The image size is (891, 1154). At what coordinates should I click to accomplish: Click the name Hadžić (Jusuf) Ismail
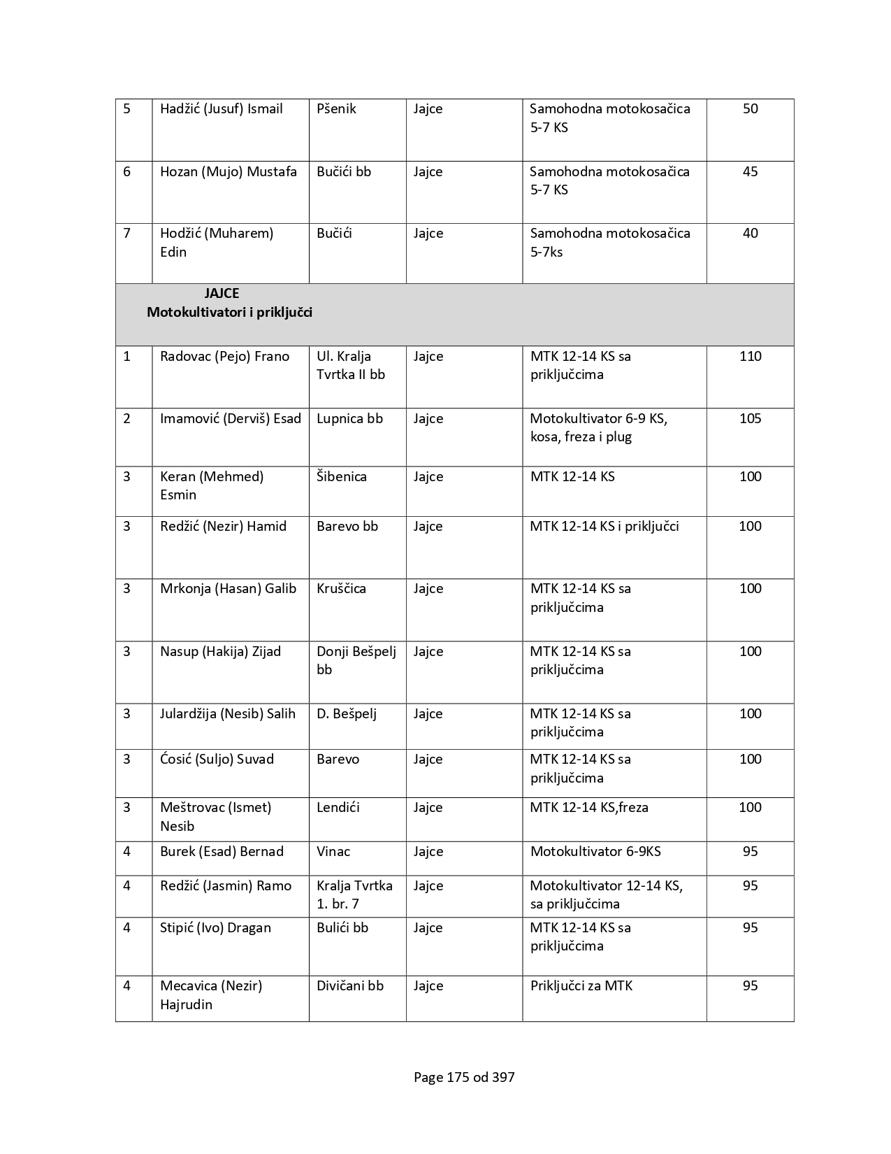221,109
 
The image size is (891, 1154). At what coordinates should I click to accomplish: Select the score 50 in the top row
750,109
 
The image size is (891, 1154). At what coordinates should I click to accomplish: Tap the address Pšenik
336,109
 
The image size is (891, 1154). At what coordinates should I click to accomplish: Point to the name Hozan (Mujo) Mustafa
228,172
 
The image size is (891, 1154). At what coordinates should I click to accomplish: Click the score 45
750,172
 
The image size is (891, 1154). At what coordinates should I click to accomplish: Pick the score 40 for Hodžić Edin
750,234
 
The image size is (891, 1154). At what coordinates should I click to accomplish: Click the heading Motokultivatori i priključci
229,313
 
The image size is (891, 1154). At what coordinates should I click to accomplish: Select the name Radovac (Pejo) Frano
224,357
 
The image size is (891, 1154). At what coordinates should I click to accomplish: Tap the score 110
750,357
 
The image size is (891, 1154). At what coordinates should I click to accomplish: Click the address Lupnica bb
349,419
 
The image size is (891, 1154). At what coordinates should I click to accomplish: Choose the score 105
750,419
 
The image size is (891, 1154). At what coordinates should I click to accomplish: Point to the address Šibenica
341,477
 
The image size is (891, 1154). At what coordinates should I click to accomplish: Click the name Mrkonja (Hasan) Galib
228,589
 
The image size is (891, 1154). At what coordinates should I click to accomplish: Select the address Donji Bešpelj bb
356,660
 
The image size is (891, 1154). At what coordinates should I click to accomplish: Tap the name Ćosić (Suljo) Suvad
217,760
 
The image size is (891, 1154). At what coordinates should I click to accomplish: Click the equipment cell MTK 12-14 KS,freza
589,808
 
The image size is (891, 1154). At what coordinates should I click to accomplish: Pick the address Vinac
333,852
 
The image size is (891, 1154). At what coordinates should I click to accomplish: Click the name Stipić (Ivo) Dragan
215,928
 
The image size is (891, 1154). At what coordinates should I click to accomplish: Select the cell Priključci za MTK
581,986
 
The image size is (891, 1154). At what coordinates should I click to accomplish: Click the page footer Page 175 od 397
464,1078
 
